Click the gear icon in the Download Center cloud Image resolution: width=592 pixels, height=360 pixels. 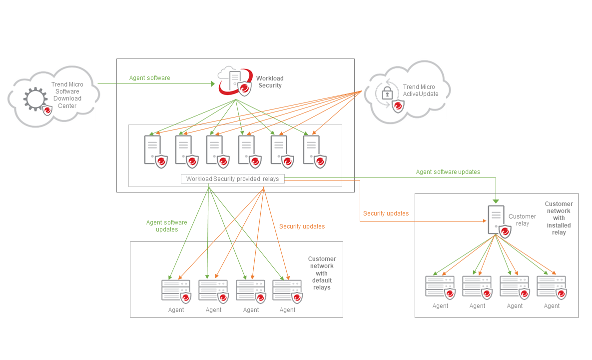click(34, 98)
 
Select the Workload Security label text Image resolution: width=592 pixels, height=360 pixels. click(270, 82)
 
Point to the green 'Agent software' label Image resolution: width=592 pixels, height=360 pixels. click(149, 78)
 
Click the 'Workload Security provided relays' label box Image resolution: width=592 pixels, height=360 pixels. click(232, 179)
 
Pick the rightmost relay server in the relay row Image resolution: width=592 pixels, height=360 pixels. click(312, 150)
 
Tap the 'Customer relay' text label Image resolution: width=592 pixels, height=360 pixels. click(522, 220)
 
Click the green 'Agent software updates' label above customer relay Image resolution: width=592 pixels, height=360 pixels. click(448, 172)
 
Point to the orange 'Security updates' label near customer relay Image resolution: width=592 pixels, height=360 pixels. click(386, 213)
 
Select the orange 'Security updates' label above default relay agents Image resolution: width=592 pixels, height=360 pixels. click(302, 226)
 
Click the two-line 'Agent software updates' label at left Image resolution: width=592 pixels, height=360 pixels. click(166, 226)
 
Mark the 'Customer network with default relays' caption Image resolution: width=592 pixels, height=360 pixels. click(322, 273)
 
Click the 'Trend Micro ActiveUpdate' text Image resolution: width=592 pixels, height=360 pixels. click(420, 90)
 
